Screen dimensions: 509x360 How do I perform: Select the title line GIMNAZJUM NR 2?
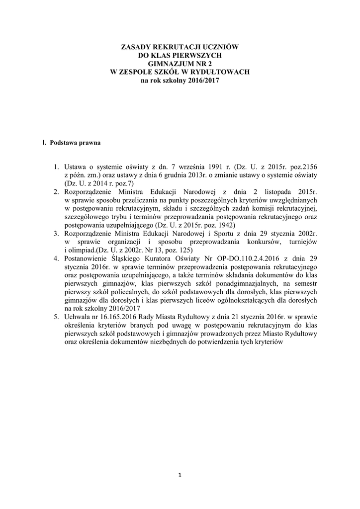click(x=180, y=63)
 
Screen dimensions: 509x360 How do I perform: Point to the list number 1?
click(x=57, y=168)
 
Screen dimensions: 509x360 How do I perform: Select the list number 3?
click(x=57, y=233)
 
